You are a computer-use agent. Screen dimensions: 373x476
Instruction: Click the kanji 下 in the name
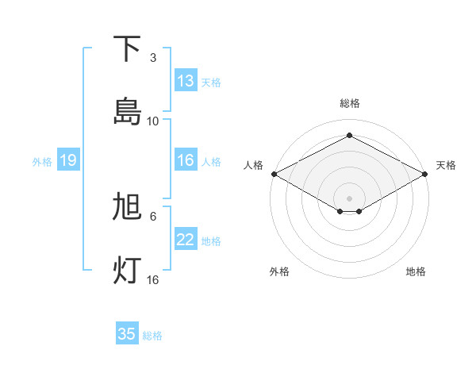click(x=127, y=49)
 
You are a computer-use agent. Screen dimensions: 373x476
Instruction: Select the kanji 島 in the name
click(x=127, y=112)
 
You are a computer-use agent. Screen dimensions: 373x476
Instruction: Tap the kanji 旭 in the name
click(x=127, y=207)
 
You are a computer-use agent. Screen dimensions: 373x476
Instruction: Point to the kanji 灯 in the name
click(x=127, y=271)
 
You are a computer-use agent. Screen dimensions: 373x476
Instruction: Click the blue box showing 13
click(x=186, y=81)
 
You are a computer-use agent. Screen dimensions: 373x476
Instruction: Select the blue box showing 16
click(x=186, y=160)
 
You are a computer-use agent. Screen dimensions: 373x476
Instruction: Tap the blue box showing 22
click(x=186, y=240)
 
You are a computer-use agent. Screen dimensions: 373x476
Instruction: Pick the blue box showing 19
click(x=67, y=160)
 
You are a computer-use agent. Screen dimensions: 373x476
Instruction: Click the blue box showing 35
click(x=127, y=334)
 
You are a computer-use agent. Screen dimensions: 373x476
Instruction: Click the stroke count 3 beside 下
click(x=153, y=58)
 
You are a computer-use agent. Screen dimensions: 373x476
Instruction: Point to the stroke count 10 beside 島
click(x=153, y=121)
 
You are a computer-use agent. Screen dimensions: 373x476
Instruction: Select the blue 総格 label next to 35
click(x=152, y=336)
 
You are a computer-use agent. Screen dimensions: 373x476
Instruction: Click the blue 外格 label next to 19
click(x=42, y=161)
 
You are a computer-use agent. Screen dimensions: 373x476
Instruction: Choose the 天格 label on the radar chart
click(x=446, y=165)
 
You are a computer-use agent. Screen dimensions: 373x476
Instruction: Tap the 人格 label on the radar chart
click(x=253, y=165)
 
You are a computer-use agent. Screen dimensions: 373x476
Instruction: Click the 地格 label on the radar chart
click(x=416, y=271)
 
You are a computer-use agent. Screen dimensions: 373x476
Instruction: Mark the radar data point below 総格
click(x=349, y=136)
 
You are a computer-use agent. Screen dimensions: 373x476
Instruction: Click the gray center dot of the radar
click(x=349, y=198)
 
